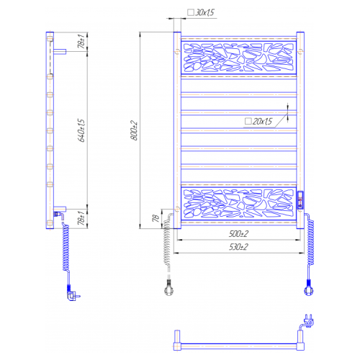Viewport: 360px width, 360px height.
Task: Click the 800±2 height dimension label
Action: click(x=134, y=130)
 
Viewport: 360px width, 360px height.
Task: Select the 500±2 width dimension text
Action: click(x=238, y=234)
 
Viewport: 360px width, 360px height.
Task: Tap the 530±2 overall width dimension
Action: click(x=238, y=247)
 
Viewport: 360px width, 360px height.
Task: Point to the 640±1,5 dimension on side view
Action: click(x=81, y=130)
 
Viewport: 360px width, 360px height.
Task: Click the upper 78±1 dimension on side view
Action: click(x=81, y=41)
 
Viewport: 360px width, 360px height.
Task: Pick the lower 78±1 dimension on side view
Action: click(x=81, y=218)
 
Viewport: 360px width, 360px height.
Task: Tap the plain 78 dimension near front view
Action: click(x=156, y=218)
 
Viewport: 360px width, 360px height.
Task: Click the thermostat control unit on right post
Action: click(x=300, y=200)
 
